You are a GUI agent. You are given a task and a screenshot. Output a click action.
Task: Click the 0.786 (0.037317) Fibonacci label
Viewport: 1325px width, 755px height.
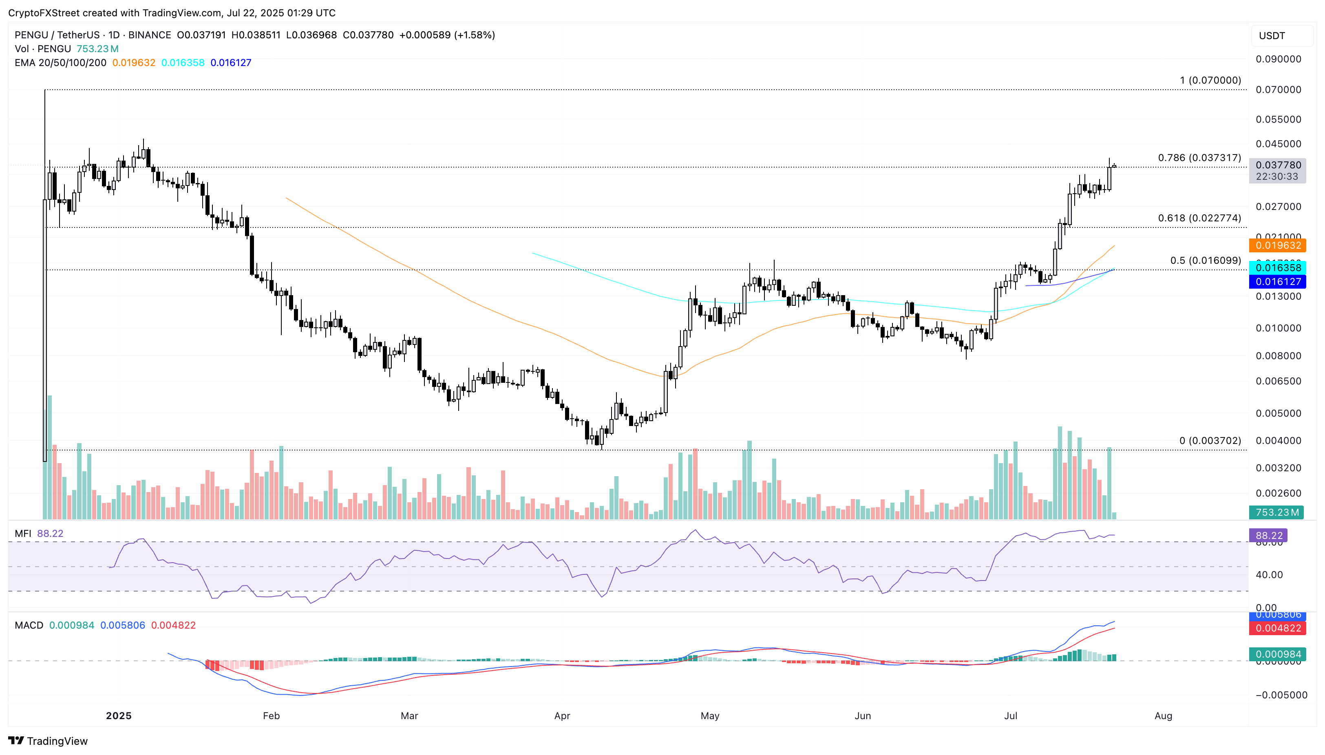pos(1199,158)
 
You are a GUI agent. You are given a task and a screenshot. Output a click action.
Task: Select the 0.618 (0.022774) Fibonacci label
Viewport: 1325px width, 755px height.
pos(1199,219)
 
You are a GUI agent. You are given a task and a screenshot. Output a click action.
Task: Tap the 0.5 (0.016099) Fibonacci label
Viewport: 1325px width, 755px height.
pos(1205,260)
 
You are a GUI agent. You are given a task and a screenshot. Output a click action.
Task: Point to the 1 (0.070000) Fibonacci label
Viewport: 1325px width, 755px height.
pos(1210,80)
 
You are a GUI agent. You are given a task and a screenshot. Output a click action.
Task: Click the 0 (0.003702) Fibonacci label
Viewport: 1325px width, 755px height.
pos(1210,441)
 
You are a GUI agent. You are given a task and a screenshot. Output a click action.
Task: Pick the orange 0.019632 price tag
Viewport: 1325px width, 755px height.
pos(1277,245)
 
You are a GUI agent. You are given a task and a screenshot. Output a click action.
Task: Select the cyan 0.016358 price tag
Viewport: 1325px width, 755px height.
pos(1277,267)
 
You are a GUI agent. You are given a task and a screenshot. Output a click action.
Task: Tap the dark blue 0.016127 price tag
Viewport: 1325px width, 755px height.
pos(1277,282)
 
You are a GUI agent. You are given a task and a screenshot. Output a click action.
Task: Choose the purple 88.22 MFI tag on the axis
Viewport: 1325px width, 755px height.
pos(1268,535)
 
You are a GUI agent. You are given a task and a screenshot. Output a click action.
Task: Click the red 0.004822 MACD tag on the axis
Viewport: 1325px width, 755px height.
pos(1277,628)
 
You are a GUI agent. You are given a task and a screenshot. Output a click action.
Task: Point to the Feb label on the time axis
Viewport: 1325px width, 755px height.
pos(271,715)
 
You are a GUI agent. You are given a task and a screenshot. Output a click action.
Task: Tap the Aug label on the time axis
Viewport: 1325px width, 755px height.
pos(1163,715)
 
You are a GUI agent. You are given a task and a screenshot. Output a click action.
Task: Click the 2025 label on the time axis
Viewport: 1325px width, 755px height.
pos(119,715)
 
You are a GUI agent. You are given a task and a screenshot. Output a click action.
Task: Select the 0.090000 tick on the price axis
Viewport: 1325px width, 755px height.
pos(1278,59)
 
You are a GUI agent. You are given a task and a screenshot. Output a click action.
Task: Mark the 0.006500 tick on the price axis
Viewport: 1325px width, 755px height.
pos(1278,381)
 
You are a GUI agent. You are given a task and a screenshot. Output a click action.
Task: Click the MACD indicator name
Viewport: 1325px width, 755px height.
pos(29,625)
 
